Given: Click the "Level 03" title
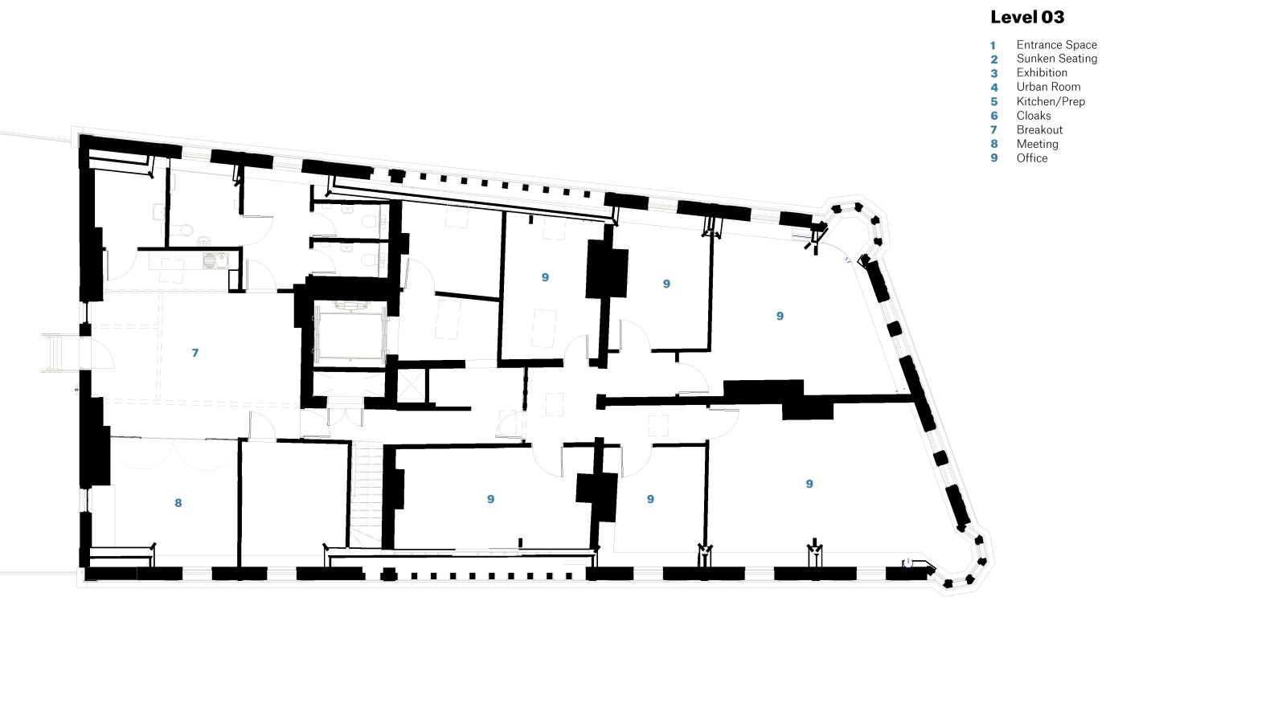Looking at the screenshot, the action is [1027, 17].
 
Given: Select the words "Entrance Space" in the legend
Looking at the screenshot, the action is [1056, 45].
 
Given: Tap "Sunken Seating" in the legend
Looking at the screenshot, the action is [1056, 59].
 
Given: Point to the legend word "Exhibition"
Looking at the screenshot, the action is [1042, 73].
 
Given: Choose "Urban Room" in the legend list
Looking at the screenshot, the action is [1048, 87].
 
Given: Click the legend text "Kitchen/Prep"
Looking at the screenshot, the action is [1051, 101].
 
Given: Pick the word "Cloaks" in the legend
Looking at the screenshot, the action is [1034, 116].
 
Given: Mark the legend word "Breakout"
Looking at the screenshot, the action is [1039, 129].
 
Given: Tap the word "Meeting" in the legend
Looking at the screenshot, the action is [1037, 144].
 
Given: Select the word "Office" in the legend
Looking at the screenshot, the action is [1032, 158].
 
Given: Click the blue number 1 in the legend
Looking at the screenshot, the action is [993, 45].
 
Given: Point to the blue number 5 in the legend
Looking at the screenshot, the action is [993, 101].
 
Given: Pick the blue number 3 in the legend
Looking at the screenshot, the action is [993, 73].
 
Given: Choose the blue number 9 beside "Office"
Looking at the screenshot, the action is [993, 157].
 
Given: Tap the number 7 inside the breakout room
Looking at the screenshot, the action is [195, 353].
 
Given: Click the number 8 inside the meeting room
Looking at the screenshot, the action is [178, 503].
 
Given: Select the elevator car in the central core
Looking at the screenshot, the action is [350, 335].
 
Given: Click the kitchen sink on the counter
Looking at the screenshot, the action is [215, 260].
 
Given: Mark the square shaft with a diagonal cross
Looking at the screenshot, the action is [412, 385].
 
